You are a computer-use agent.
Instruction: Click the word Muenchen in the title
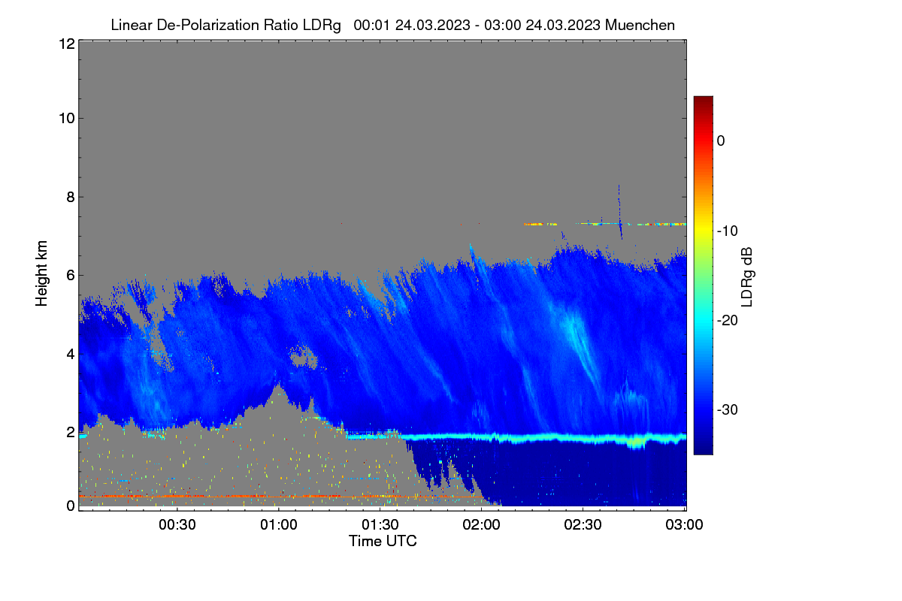tap(640, 25)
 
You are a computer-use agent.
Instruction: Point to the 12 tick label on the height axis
tap(67, 44)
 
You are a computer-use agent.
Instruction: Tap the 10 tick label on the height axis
tap(67, 119)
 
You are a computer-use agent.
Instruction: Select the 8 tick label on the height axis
tap(71, 197)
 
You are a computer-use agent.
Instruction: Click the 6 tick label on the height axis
tap(71, 276)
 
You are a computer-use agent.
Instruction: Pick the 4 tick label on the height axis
tap(71, 354)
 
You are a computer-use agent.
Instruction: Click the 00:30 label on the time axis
tap(177, 524)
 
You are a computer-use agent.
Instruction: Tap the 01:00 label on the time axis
tap(279, 524)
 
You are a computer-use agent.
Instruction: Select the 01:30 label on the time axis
tap(380, 524)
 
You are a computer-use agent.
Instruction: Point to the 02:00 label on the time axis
tap(481, 524)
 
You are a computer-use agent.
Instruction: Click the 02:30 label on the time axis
tap(583, 524)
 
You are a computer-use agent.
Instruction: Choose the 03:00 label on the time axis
tap(684, 524)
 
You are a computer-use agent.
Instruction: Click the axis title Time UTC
tap(383, 541)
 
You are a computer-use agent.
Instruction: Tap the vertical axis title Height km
tap(41, 273)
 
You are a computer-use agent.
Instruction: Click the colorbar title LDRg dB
tap(747, 277)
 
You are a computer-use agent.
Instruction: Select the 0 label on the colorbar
tap(721, 141)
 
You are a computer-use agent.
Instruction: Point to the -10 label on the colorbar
tap(728, 231)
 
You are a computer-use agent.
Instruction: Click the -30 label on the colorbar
tap(728, 409)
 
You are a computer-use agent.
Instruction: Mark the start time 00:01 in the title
tap(371, 25)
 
